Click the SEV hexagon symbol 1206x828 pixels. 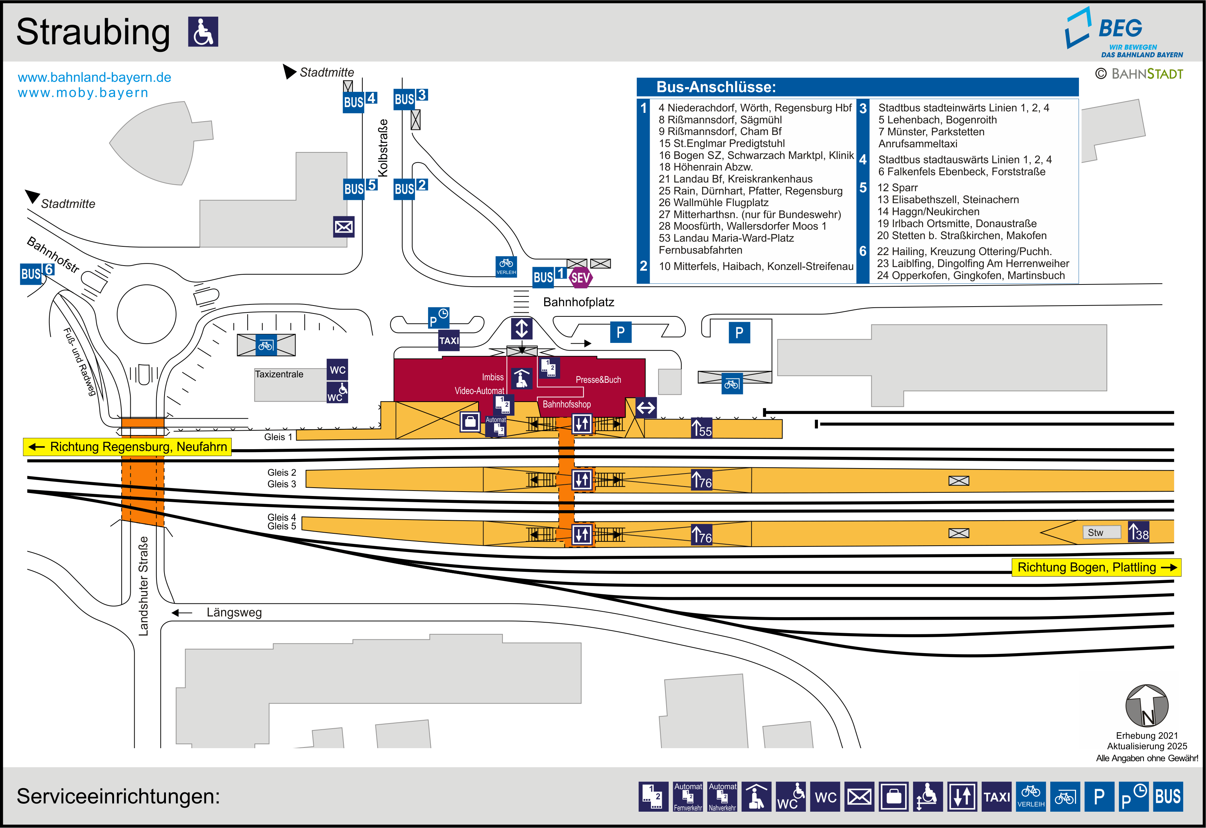tap(580, 278)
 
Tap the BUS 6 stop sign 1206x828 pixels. tap(36, 272)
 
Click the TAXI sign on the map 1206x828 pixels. tap(449, 340)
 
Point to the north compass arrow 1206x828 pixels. tap(1146, 706)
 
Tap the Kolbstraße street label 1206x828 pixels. tap(383, 148)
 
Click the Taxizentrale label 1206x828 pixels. tap(279, 374)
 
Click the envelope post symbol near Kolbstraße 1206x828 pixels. tap(343, 227)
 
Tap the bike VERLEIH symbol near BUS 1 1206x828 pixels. tap(506, 266)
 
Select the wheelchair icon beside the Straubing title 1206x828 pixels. tap(203, 32)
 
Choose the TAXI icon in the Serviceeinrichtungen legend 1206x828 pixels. tap(997, 796)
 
